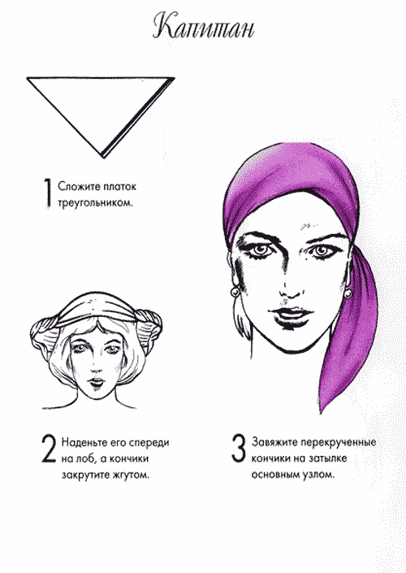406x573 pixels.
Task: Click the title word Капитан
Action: (203, 27)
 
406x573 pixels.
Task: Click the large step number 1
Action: (48, 193)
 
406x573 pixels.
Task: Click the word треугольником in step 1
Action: (95, 203)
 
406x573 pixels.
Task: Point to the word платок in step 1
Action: (119, 186)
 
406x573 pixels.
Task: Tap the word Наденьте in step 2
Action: (84, 442)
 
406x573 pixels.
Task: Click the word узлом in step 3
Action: (318, 475)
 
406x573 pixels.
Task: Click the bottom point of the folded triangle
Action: (103, 158)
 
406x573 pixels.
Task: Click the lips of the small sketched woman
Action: (97, 382)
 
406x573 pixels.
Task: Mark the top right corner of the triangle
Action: (174, 77)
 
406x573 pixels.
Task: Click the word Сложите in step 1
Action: (79, 186)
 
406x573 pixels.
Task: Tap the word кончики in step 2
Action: (129, 458)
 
